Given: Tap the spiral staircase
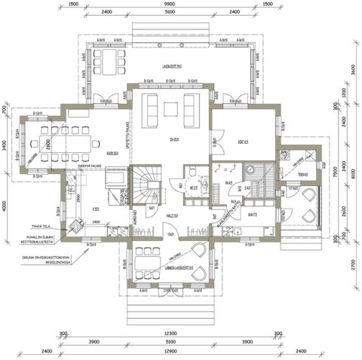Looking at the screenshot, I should (147, 186).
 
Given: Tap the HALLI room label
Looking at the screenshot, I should (170, 215).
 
